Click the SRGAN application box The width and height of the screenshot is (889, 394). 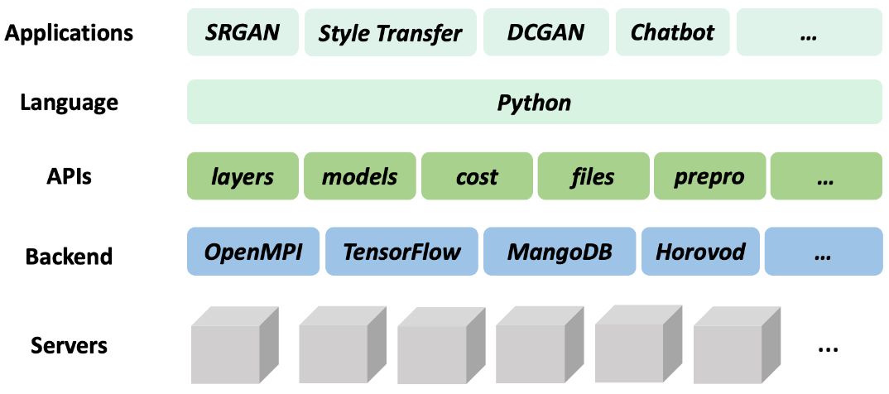[243, 32]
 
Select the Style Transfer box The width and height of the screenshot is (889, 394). [390, 32]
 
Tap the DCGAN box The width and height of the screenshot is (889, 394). [545, 32]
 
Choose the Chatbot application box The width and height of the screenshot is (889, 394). [672, 32]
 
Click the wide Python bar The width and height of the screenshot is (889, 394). [534, 103]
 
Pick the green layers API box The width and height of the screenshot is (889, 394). [243, 176]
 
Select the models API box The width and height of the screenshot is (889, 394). [359, 176]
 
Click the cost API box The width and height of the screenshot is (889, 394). [477, 176]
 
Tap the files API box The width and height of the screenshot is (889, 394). [593, 176]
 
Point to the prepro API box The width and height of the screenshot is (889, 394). [709, 176]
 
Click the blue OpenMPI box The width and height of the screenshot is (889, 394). [251, 251]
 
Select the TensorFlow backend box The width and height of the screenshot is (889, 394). [401, 251]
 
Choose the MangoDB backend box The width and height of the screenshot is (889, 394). [560, 251]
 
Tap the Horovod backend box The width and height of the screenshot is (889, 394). [700, 251]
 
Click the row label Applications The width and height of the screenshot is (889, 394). [69, 33]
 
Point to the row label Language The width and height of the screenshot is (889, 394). [69, 103]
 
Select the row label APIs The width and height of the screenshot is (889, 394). [69, 176]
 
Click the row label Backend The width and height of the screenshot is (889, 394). [69, 256]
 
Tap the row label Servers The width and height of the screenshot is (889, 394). [69, 344]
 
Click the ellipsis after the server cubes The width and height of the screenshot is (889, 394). [828, 348]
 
